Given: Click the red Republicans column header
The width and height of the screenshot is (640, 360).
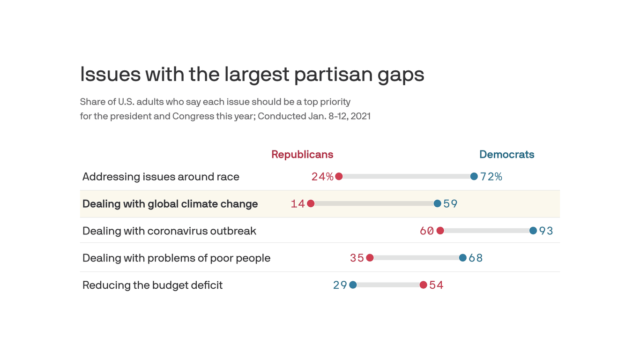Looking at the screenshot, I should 302,154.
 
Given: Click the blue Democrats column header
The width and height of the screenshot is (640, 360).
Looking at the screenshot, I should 506,154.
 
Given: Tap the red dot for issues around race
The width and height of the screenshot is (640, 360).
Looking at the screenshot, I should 339,177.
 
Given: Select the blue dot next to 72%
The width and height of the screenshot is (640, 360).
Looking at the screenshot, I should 474,177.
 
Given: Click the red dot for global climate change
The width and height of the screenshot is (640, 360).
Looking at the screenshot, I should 311,203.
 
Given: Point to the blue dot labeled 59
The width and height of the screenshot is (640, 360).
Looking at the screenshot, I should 437,203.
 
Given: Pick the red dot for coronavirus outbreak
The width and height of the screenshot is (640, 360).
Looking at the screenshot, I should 440,231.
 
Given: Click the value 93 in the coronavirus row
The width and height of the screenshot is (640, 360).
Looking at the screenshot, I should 546,231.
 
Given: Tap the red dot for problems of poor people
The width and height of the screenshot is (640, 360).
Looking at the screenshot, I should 370,258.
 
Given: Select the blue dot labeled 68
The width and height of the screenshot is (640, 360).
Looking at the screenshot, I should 462,258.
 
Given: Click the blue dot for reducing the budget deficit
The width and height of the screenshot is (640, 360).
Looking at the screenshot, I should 353,285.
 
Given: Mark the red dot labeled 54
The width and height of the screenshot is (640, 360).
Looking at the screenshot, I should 423,285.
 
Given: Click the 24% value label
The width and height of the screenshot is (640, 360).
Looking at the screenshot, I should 322,177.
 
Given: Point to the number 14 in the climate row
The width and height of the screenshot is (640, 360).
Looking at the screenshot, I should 298,204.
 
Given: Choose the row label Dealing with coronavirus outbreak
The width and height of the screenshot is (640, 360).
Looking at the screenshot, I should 169,231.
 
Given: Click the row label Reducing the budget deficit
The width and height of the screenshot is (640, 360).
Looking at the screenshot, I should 152,285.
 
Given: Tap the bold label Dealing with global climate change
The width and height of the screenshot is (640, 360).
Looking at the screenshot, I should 170,204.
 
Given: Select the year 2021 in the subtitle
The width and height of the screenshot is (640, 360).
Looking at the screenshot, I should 360,116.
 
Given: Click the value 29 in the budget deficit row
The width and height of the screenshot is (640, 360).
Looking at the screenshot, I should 340,285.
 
